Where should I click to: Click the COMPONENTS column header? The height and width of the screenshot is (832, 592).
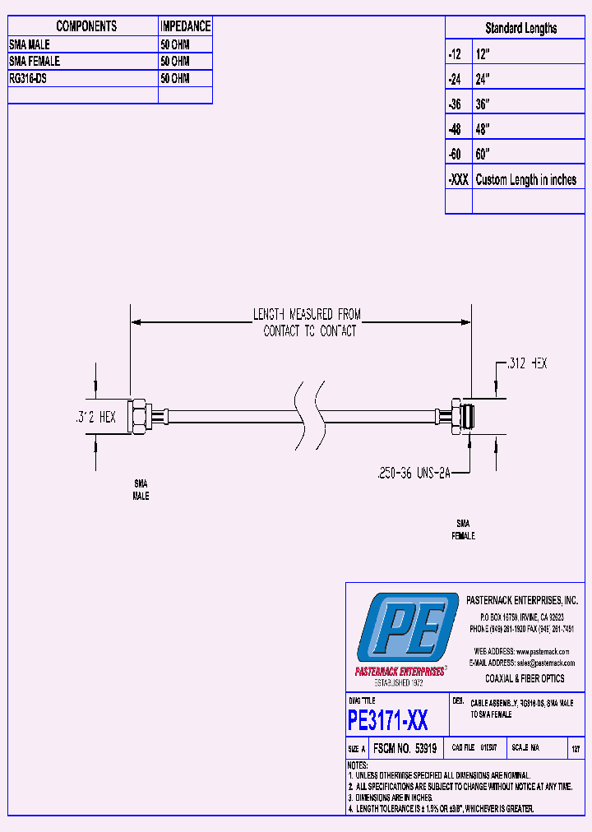coord(86,26)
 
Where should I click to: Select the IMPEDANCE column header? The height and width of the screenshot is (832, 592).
coord(185,26)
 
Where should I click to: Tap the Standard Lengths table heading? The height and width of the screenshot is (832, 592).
coord(520,28)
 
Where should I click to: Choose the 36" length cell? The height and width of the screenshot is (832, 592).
coord(483,104)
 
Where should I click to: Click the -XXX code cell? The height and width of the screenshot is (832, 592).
coord(458,180)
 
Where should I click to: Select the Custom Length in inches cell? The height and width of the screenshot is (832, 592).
coord(526,180)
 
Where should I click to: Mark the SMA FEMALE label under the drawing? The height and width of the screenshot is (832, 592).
coord(463,529)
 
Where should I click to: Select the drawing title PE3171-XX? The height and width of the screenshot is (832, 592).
coord(387,721)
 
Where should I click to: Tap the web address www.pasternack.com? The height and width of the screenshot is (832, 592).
coord(544,650)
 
